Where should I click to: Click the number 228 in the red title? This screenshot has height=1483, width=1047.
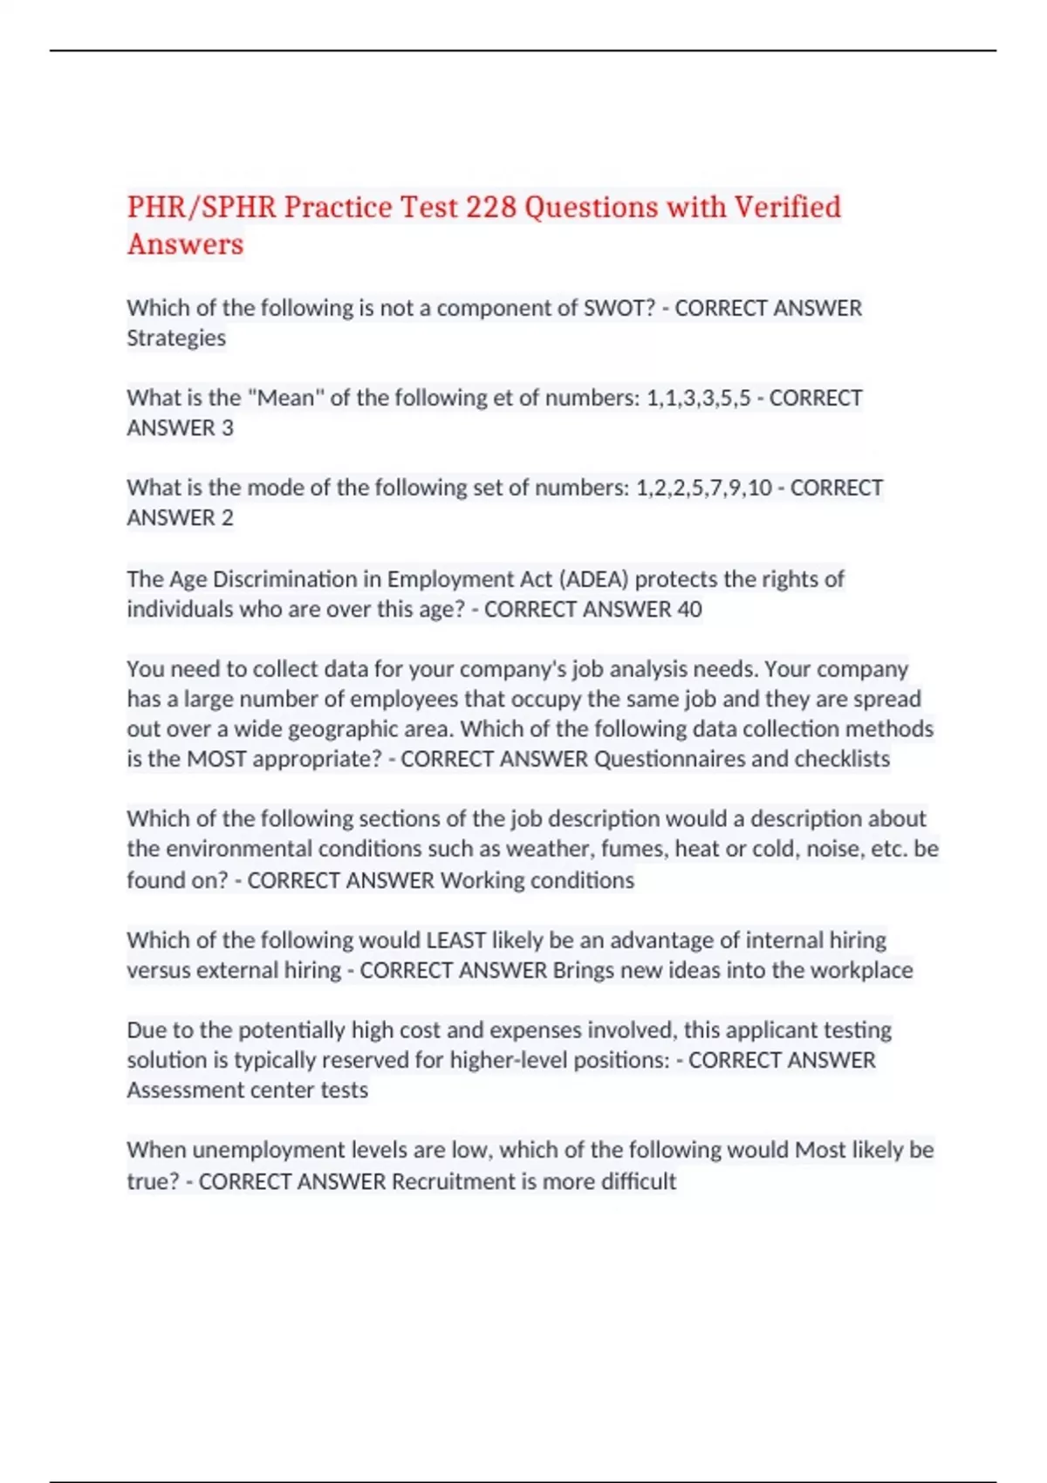click(x=491, y=208)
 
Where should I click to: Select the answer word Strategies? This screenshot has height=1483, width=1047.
click(x=176, y=338)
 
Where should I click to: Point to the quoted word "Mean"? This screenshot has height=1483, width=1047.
click(x=285, y=398)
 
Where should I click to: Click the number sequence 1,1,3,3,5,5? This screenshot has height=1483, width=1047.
click(x=698, y=399)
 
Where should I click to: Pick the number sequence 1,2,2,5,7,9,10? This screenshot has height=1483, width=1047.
click(x=704, y=488)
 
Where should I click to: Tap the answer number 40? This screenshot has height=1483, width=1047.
click(x=689, y=609)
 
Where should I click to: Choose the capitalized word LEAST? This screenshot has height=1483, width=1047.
click(x=455, y=940)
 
